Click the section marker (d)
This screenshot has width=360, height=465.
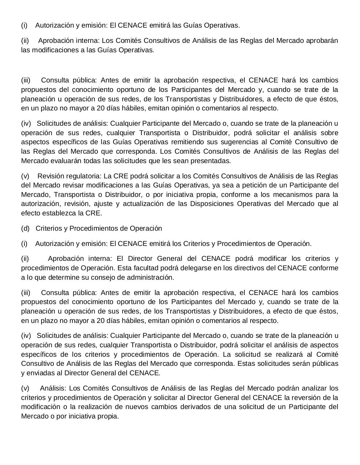[25, 229]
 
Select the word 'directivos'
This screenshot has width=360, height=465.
[254, 268]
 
